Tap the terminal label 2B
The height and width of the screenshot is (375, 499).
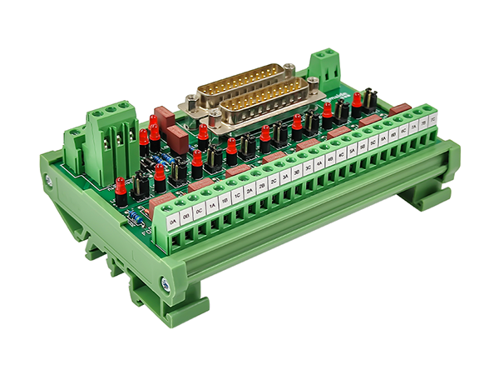pyautogui.click(x=261, y=187)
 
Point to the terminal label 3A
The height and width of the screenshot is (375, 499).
pyautogui.click(x=285, y=177)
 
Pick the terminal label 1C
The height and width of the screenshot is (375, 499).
pyautogui.click(x=237, y=196)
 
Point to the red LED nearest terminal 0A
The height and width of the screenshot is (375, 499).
pyautogui.click(x=121, y=190)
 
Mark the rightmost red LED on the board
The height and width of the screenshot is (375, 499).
pyautogui.click(x=357, y=101)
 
